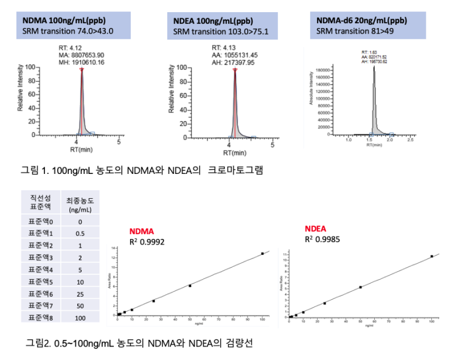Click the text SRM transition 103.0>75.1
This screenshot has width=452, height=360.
[x=221, y=31]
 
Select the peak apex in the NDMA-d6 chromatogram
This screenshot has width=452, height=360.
[x=374, y=67]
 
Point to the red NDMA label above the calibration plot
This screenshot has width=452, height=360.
[x=142, y=232]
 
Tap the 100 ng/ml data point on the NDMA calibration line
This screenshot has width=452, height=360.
[x=262, y=254]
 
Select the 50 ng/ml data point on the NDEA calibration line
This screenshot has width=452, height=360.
[x=361, y=287]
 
